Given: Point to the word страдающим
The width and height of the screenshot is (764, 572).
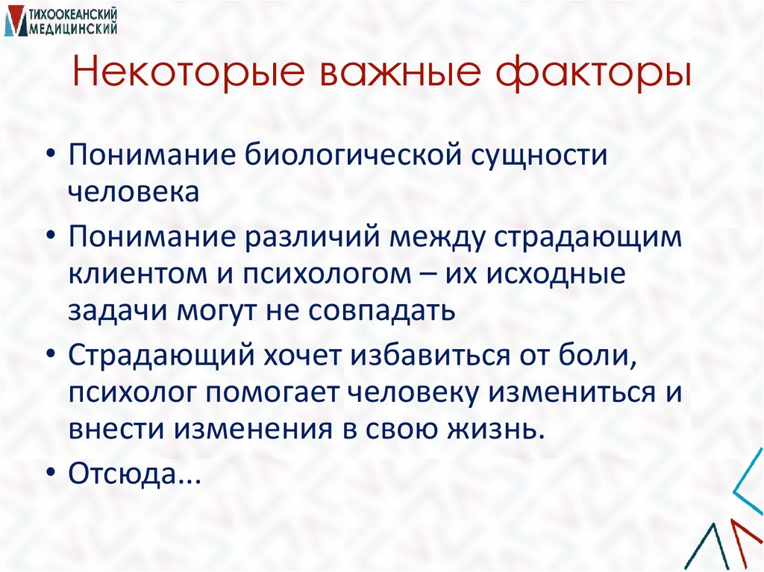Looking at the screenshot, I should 597,238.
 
